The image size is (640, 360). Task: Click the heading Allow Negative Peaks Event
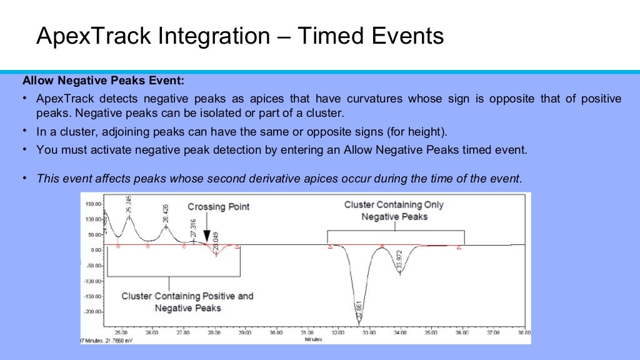click(103, 81)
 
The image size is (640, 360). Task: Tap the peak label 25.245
click(129, 206)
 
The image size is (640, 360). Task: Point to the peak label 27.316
click(193, 229)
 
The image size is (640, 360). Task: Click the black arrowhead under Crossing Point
click(207, 236)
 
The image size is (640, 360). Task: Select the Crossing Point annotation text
click(219, 207)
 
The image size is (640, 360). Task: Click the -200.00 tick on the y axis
click(92, 311)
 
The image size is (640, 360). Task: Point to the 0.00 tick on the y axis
click(95, 250)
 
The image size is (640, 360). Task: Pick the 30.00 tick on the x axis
click(276, 332)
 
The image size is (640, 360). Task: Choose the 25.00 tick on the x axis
click(121, 332)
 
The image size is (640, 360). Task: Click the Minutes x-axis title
click(313, 339)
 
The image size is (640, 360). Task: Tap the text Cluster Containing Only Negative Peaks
click(394, 211)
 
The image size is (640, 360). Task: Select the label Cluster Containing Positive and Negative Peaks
click(187, 302)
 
